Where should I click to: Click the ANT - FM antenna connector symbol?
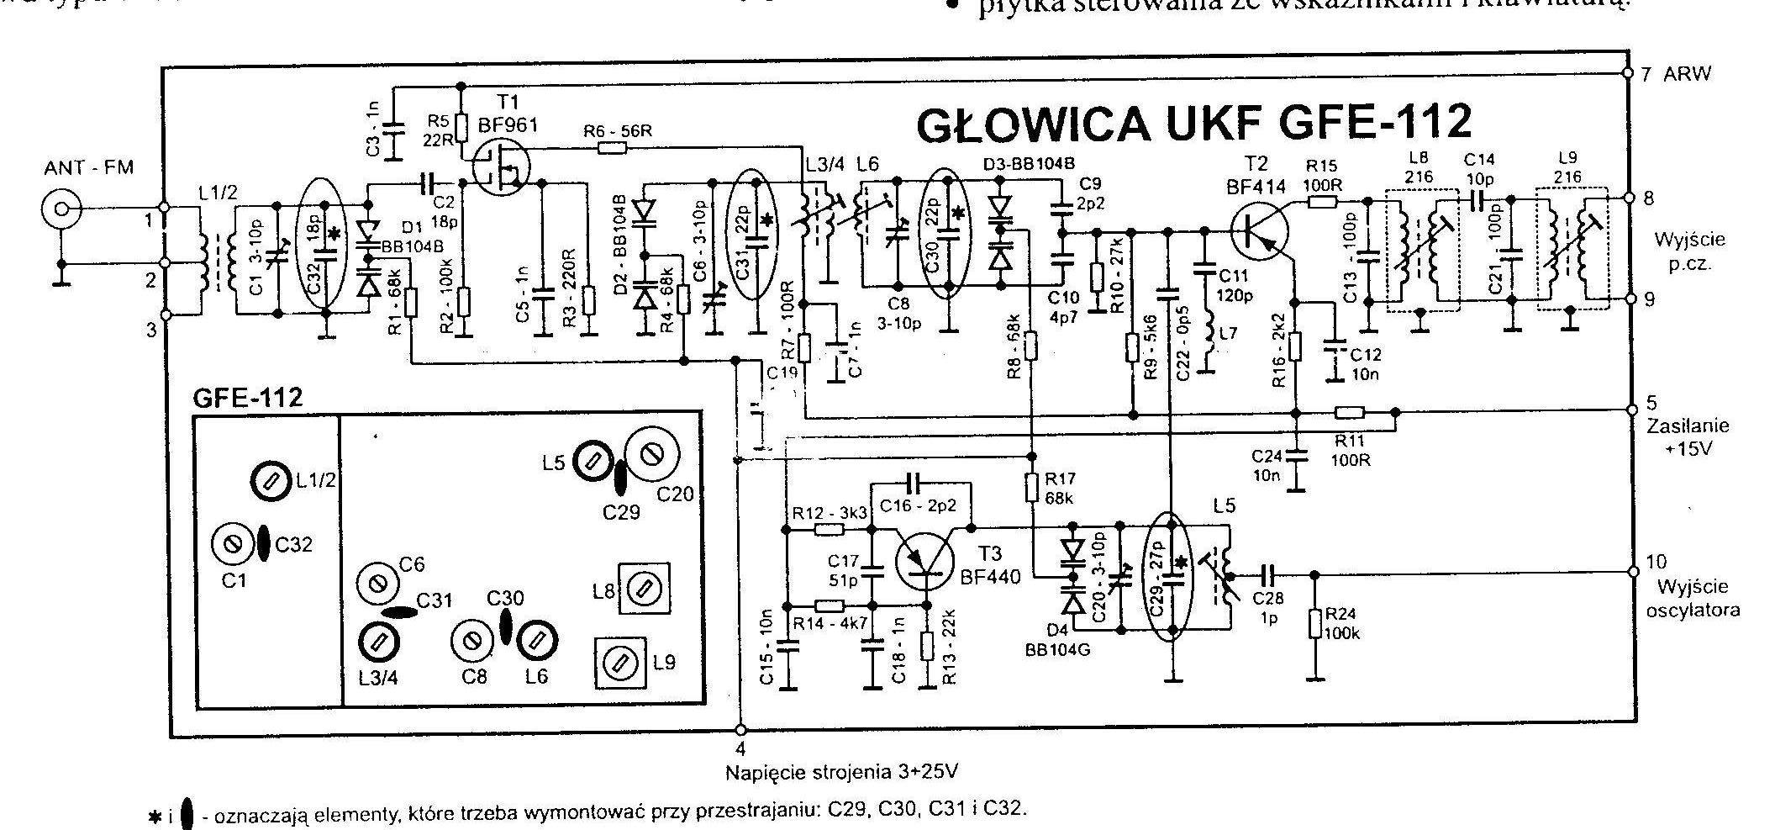(61, 209)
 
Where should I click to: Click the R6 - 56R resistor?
(612, 149)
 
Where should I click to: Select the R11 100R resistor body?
(1351, 412)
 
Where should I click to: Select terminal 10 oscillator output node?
(1632, 571)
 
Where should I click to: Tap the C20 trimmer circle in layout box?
(651, 455)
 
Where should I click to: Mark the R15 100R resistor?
(1323, 202)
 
